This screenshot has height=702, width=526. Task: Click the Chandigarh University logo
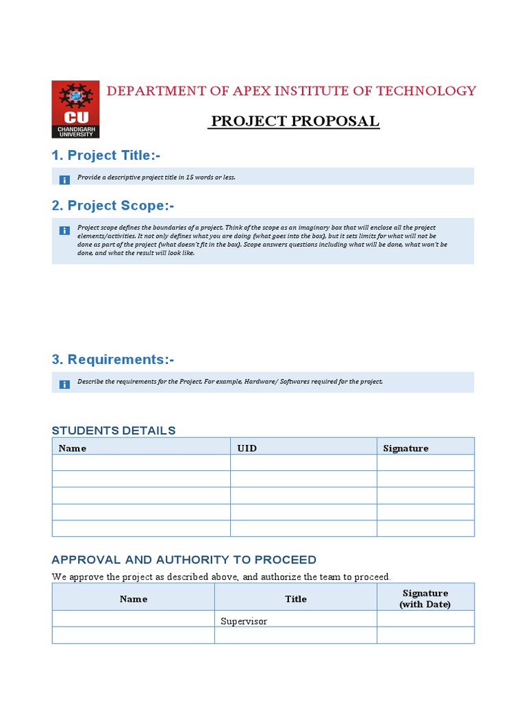point(75,110)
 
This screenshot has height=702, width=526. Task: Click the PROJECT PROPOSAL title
point(295,122)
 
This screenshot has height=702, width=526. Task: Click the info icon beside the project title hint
point(64,180)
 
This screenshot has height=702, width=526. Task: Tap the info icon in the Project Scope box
point(64,230)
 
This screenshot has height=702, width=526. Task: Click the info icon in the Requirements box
point(64,384)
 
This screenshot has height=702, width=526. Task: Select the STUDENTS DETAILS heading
point(114,431)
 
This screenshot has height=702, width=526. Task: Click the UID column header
point(247,448)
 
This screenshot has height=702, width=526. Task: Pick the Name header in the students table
point(73,448)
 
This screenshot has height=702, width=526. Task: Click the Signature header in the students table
point(405,448)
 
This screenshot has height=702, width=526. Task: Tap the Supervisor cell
point(244,621)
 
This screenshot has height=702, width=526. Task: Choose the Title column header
point(296,598)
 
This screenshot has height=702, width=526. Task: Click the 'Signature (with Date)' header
point(425,598)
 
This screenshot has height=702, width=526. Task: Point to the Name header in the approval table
point(134,598)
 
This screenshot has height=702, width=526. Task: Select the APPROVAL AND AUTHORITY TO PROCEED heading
point(184,560)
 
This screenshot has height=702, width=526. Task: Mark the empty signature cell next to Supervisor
point(425,619)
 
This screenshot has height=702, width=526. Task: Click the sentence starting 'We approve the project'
point(221,577)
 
